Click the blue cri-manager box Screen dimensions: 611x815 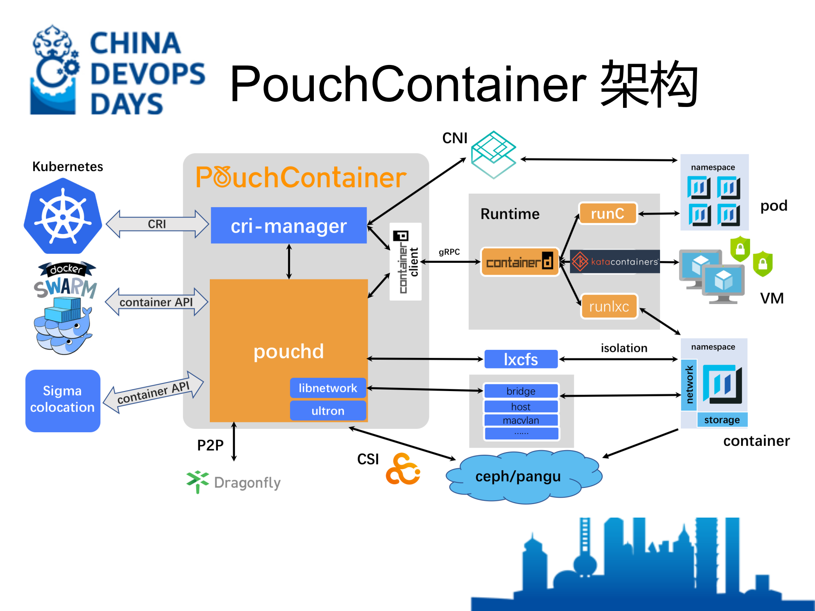pos(289,225)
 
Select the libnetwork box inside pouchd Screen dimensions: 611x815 pos(328,388)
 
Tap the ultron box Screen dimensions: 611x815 pos(328,411)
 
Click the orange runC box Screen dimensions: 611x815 pos(608,213)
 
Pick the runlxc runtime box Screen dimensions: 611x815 pos(609,306)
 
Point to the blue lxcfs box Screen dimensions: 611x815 pos(521,359)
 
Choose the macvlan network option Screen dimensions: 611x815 pos(521,420)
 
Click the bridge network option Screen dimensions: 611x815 pos(521,391)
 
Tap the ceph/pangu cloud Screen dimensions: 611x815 pos(519,476)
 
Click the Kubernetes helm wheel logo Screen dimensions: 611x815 pos(63,216)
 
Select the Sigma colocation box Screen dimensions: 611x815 pos(63,400)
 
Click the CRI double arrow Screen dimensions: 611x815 pos(157,224)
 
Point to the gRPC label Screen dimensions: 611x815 pos(449,252)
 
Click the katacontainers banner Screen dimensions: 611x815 pos(615,262)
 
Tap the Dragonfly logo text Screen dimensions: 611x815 pos(247,483)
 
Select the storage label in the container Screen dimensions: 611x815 pos(722,420)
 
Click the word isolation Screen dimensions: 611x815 pos(624,348)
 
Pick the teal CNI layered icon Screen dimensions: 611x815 pos(494,155)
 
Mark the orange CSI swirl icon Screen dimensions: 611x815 pos(403,470)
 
